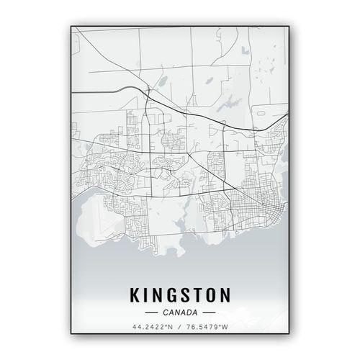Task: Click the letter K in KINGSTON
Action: [x=135, y=296]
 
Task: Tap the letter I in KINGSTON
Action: [x=148, y=296]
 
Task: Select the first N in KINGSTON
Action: [x=160, y=296]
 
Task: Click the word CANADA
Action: [x=180, y=313]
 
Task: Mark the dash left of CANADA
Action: [x=151, y=313]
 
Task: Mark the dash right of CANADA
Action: [x=209, y=313]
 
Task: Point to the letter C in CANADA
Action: [x=166, y=313]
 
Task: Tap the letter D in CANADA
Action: [x=189, y=313]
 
